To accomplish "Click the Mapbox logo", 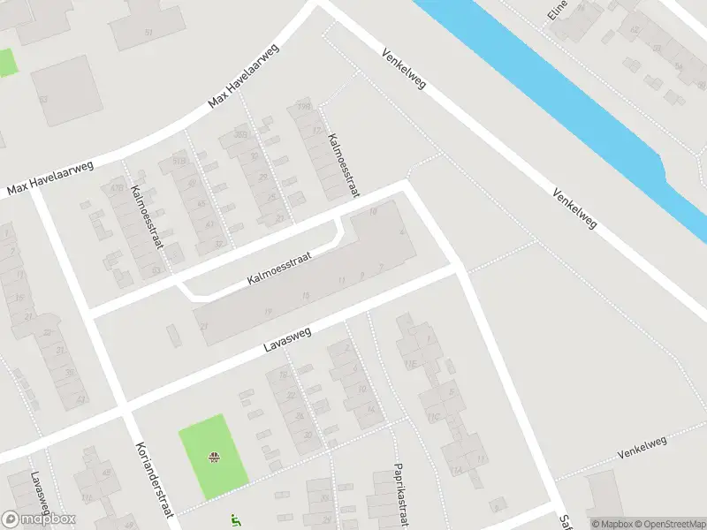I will (x=39, y=519).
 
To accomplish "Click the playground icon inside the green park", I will (x=213, y=458).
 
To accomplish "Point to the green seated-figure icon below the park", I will (x=233, y=520).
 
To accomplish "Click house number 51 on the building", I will (x=148, y=33).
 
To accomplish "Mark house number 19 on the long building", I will (x=306, y=295).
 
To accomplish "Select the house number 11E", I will (x=409, y=362).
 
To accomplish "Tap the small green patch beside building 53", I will (x=7, y=62).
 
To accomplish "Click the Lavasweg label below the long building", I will (x=283, y=341).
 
